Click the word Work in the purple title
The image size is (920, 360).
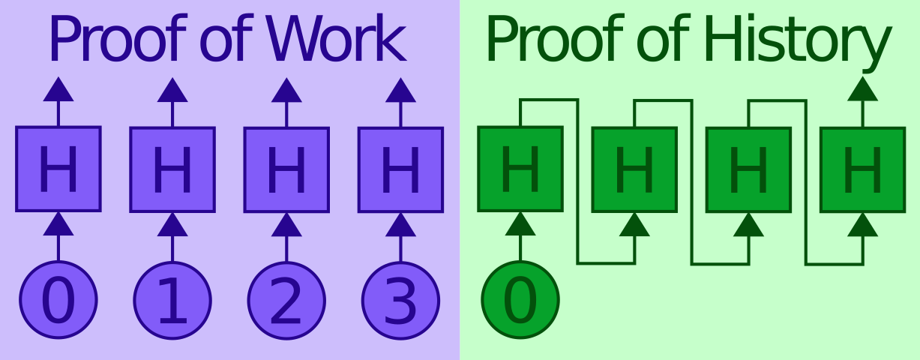(337, 38)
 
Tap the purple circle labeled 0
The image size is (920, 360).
(58, 300)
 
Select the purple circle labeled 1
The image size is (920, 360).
(172, 301)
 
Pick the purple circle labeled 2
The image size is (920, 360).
(286, 301)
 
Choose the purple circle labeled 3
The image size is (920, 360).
(401, 301)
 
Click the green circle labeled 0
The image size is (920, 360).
(520, 300)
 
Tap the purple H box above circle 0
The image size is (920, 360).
(58, 169)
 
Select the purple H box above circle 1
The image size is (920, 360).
(172, 169)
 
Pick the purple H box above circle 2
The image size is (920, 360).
(286, 170)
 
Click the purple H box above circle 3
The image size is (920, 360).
(401, 170)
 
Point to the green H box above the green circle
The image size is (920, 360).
(520, 169)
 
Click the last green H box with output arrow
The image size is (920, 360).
(863, 170)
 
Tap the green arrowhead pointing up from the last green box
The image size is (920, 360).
(863, 89)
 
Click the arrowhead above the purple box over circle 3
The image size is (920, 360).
(401, 91)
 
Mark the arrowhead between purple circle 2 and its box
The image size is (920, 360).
(286, 225)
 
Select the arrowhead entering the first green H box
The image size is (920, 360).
(520, 223)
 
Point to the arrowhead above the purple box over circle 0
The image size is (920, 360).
(58, 89)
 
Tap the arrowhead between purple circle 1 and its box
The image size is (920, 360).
(172, 224)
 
